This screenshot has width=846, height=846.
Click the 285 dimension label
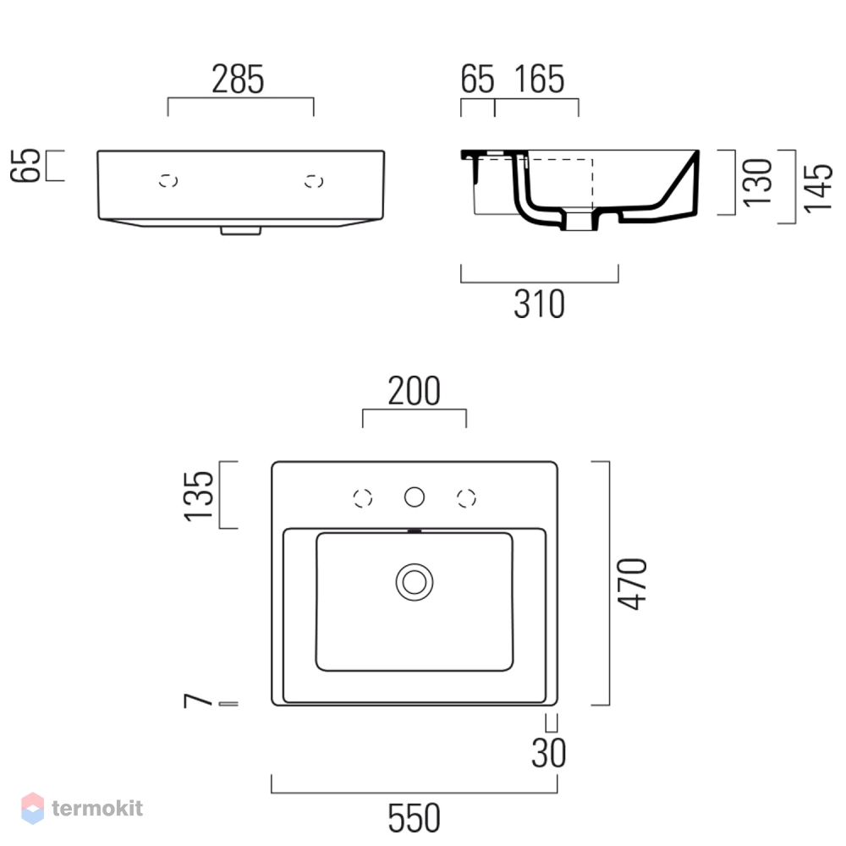238,80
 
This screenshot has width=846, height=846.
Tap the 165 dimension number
540,80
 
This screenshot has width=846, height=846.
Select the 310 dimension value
540,305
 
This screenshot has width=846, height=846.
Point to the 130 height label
757,183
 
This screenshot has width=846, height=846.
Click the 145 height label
818,189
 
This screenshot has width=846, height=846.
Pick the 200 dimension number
415,391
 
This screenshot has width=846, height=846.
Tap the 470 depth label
632,584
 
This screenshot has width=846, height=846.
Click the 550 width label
415,818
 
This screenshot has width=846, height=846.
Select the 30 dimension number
549,753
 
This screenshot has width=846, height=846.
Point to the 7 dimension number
198,700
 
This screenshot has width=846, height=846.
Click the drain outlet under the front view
240,230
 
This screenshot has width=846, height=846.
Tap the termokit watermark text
97,808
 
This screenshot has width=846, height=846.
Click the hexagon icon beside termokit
32,808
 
